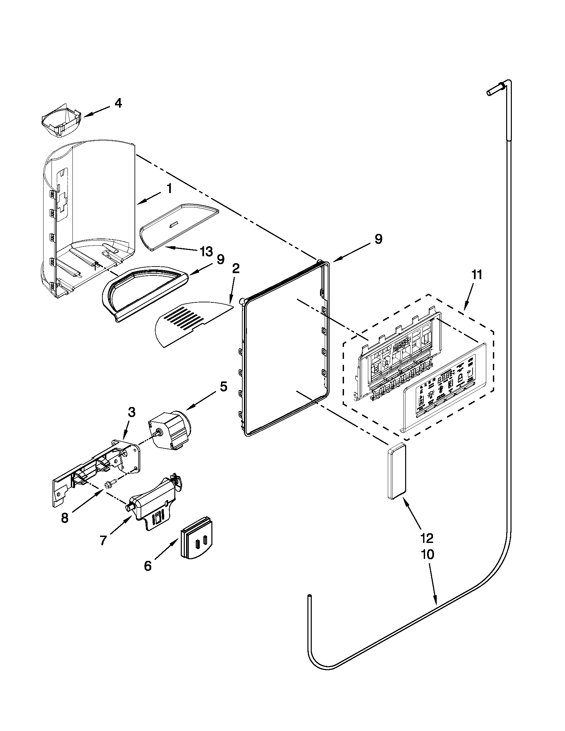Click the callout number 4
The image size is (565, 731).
[118, 103]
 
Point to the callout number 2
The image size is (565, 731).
[236, 269]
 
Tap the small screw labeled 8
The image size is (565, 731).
[109, 484]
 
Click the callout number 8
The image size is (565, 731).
[64, 518]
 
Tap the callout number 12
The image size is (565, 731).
[427, 538]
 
